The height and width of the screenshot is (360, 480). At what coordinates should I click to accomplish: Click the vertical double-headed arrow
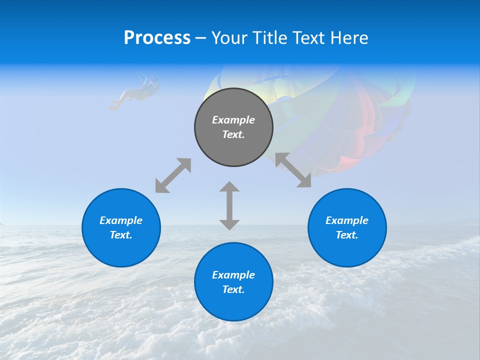coord(229,205)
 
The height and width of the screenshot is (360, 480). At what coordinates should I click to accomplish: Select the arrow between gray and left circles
coord(173,175)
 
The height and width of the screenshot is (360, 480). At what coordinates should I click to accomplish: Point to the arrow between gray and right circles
coord(293,170)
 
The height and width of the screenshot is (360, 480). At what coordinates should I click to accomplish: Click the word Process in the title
coord(157,38)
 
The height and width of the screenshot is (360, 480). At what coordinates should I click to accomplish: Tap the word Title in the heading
coord(270,38)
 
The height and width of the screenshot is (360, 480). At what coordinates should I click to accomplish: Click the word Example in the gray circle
coord(233,120)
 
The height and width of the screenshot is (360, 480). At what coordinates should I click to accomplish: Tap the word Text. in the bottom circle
coord(233,289)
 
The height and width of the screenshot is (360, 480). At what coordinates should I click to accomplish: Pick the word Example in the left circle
coord(121,220)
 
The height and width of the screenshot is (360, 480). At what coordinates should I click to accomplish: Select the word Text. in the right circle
coord(347,235)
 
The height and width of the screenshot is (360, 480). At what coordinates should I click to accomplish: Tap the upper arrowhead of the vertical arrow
coord(229,187)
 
